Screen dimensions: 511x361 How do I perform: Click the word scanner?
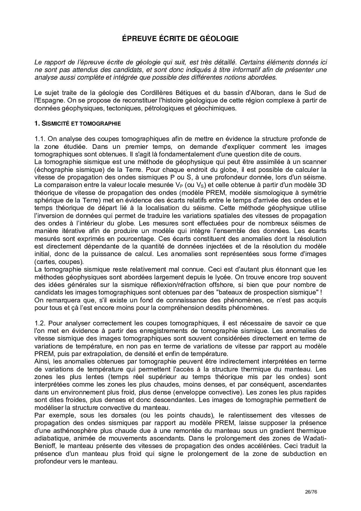[314, 162]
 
